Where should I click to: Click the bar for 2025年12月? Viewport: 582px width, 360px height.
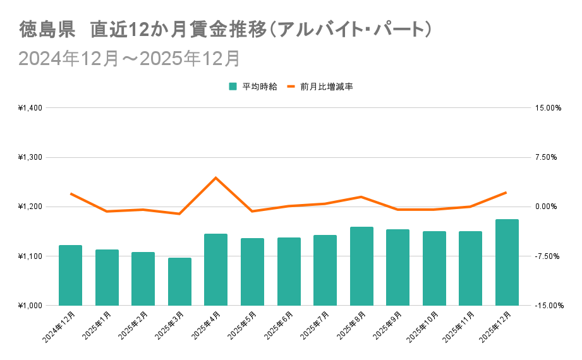pos(507,262)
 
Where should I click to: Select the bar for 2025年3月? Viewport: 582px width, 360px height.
pos(179,281)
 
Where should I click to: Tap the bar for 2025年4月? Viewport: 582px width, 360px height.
pos(215,269)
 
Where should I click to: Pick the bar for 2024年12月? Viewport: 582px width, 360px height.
pos(70,275)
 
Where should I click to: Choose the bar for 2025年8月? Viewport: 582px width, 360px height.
pos(361,266)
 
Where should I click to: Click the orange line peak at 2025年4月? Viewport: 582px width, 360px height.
pos(215,177)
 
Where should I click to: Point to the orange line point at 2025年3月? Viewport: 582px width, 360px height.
pos(179,213)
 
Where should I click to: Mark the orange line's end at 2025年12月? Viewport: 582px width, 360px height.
pos(507,192)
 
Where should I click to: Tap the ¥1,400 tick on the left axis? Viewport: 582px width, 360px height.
pos(30,108)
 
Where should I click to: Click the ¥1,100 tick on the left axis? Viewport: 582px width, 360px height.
pos(30,256)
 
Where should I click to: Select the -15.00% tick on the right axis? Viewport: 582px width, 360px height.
pos(547,306)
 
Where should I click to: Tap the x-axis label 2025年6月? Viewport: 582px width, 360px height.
pos(279,326)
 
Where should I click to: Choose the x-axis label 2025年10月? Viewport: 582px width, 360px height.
pos(422,328)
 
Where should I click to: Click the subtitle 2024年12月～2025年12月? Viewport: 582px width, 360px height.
pos(130,58)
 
